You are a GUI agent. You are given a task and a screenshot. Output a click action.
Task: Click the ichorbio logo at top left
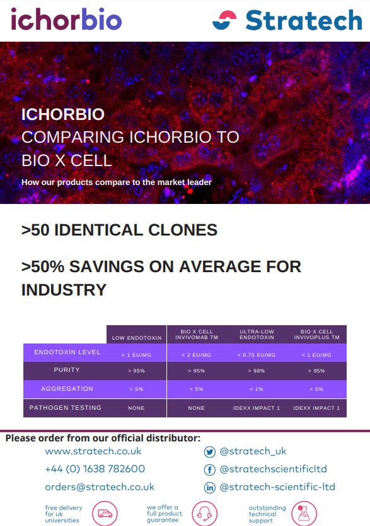66,19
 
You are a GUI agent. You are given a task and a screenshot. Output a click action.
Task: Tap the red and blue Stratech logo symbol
224,20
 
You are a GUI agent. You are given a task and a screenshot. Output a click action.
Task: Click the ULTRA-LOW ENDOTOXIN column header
257,335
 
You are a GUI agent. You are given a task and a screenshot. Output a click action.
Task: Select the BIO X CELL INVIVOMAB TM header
197,335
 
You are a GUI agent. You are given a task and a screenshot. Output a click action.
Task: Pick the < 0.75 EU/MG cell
257,355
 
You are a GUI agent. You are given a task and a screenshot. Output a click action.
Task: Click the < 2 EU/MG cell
197,355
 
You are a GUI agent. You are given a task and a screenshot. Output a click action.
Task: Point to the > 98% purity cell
257,371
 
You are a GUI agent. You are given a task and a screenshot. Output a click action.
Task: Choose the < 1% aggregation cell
257,389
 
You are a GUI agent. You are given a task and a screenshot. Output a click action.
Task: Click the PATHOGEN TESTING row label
66,407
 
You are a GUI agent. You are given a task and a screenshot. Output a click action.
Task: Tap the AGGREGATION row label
67,389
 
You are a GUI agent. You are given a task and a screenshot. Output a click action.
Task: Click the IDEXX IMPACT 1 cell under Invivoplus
316,408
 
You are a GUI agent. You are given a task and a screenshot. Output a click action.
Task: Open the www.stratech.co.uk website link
93,451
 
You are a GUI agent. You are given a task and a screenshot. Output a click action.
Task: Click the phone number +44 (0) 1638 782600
95,469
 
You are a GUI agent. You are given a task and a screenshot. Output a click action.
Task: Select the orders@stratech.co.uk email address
100,487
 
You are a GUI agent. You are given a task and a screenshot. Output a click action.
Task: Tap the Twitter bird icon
210,452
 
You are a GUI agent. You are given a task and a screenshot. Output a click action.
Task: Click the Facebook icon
210,470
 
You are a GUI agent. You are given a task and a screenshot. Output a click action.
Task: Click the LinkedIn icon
210,487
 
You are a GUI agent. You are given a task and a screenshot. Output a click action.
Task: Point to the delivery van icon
105,513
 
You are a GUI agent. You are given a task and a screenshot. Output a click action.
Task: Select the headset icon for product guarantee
205,513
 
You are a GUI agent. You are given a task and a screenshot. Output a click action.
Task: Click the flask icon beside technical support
304,513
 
